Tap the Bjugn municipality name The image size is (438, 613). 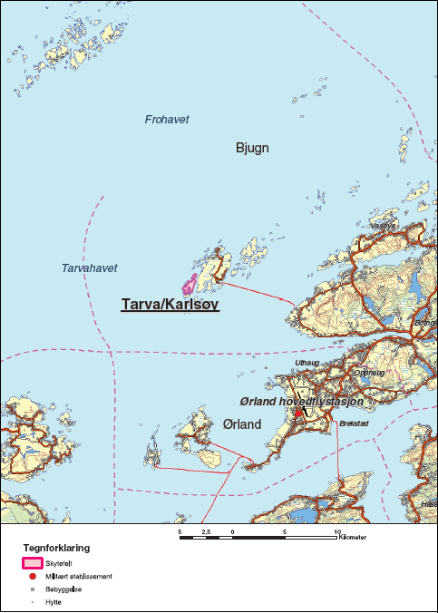(253, 148)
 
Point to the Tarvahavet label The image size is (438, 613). (90, 268)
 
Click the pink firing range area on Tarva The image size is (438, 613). (190, 285)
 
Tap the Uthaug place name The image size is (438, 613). (308, 363)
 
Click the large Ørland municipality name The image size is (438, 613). (241, 424)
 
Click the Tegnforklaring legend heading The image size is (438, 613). (56, 549)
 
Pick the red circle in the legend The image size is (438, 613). (32, 576)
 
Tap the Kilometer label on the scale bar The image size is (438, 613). (354, 538)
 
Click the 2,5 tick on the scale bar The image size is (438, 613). (206, 530)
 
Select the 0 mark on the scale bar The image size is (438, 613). (233, 530)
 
